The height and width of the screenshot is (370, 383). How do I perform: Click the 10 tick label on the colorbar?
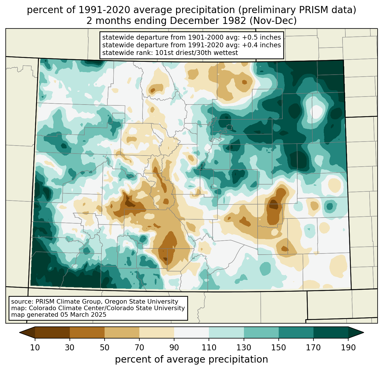(x=35, y=348)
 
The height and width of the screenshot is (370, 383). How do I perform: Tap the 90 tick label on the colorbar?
(x=174, y=348)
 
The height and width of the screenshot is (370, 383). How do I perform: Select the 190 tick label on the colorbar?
(x=348, y=348)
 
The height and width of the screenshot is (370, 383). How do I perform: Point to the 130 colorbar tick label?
(x=244, y=348)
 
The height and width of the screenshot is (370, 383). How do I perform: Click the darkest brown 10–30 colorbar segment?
(x=52, y=332)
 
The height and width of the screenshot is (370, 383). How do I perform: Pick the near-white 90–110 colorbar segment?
(x=191, y=332)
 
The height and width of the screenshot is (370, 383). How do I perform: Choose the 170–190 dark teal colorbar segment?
(x=331, y=332)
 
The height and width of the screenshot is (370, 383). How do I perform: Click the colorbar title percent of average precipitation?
(x=191, y=359)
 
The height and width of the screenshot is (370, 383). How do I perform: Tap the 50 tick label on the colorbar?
(x=105, y=348)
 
